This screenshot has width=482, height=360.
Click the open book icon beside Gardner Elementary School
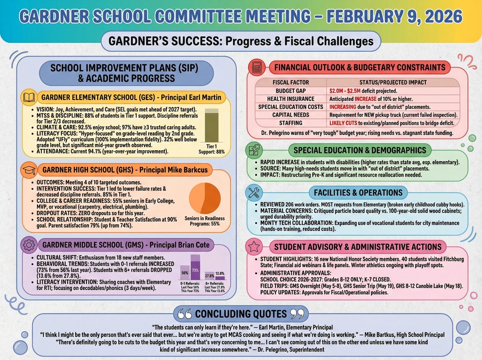coord(29,97)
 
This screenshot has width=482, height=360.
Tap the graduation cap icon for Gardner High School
coord(29,170)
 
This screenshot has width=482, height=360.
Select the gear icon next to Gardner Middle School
coord(29,245)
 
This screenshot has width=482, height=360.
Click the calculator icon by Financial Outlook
coord(257,67)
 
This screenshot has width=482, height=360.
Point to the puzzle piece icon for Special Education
coord(254,150)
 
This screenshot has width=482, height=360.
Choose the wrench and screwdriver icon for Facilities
coord(254,193)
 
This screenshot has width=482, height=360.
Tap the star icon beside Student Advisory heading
coord(254,247)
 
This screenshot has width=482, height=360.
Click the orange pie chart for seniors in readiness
coord(205,198)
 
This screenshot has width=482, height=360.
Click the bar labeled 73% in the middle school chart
coord(195,268)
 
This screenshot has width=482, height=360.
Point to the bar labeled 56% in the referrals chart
coord(185,272)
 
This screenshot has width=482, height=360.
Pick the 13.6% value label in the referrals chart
coord(220,274)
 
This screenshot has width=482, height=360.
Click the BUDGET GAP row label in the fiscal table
coord(291,91)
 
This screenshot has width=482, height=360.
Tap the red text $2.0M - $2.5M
coord(345,91)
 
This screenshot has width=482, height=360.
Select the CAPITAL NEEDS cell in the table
coord(291,115)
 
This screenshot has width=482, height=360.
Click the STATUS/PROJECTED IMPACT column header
coord(393,82)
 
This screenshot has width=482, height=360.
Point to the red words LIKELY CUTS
coord(343,123)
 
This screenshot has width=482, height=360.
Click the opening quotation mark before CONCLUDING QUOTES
coord(184,314)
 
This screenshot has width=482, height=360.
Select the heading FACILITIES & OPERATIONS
coord(358,193)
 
